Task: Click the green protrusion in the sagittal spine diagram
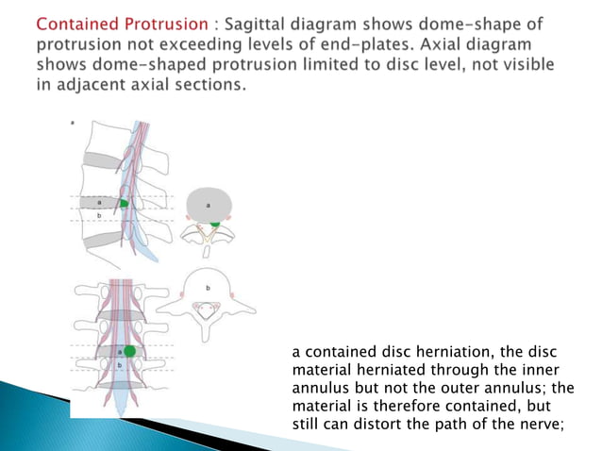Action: click(x=124, y=203)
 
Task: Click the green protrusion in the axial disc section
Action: click(x=215, y=222)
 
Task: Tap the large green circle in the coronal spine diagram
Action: click(x=129, y=351)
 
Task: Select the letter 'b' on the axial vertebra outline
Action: click(x=209, y=285)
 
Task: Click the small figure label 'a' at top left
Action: click(x=75, y=122)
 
